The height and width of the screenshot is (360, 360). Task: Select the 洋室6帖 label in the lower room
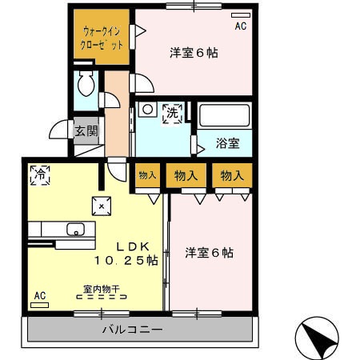[210, 253]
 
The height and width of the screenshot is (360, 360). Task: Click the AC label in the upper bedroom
[240, 26]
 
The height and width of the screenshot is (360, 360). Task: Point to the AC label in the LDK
[40, 295]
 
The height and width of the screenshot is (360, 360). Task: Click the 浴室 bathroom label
[227, 144]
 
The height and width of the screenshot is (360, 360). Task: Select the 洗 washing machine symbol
[173, 113]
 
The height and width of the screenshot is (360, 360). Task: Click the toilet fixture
[86, 84]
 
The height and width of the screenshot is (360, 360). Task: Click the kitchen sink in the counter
[75, 230]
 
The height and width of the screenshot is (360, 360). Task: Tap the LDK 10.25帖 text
[126, 253]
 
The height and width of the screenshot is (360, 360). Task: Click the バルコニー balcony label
[133, 329]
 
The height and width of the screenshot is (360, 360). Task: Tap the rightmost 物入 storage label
[232, 175]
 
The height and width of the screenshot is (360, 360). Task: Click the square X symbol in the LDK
[102, 204]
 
